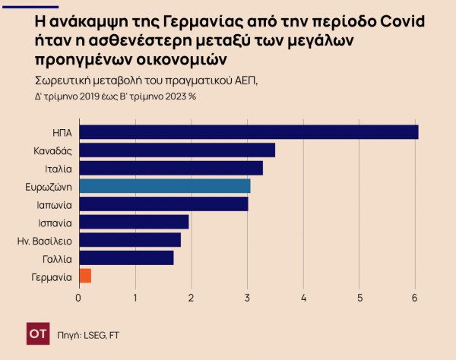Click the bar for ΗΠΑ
[x=249, y=132]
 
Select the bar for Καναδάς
[x=177, y=150]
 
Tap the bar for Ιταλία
[x=171, y=168]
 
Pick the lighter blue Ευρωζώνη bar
[x=165, y=186]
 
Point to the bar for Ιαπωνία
[x=163, y=204]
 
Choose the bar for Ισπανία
[x=134, y=222]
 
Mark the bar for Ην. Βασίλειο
[x=130, y=240]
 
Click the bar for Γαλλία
[x=126, y=258]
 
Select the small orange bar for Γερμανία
[x=85, y=276]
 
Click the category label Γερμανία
[x=51, y=276]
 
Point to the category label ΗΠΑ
[x=62, y=133]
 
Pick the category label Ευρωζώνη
[x=49, y=187]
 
